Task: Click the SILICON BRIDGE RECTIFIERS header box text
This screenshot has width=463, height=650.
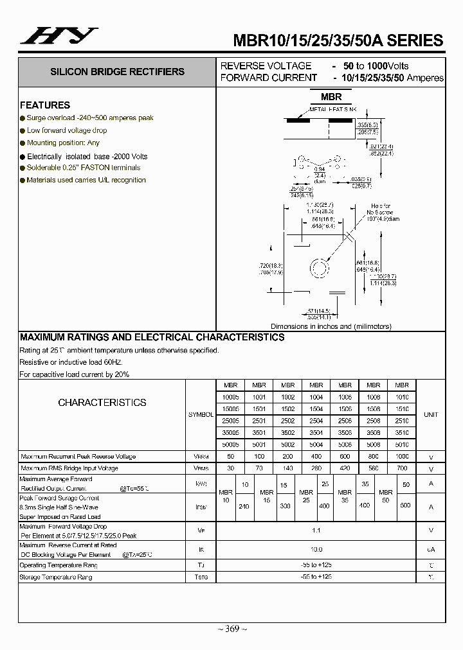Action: click(117, 72)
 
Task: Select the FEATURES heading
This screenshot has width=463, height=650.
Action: click(45, 105)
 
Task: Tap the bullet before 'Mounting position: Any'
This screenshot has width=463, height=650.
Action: click(23, 143)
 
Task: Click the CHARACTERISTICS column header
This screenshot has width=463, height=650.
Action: click(102, 403)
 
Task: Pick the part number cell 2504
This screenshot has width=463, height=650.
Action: click(316, 421)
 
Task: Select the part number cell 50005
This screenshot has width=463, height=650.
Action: click(230, 444)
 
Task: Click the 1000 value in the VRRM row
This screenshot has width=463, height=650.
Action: click(402, 456)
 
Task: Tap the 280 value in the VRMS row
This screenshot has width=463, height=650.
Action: click(316, 468)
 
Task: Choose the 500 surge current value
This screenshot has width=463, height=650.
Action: click(404, 505)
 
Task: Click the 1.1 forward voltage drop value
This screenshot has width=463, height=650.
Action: click(316, 531)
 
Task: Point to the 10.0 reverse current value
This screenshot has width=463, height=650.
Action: click(316, 550)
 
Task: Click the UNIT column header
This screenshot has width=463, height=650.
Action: click(431, 415)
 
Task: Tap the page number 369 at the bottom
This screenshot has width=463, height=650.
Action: click(232, 629)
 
